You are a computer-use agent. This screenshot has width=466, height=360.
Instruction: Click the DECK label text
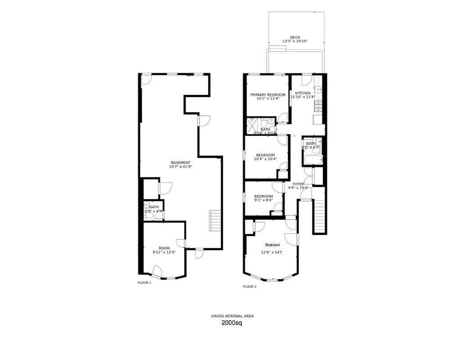pyautogui.click(x=295, y=37)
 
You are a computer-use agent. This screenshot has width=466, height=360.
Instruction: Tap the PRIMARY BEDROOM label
pyautogui.click(x=268, y=94)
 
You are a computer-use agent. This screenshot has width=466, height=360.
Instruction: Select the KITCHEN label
pyautogui.click(x=303, y=93)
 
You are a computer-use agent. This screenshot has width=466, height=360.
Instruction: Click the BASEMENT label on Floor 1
pyautogui.click(x=181, y=162)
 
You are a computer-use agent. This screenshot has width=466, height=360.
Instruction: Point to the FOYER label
pyautogui.click(x=299, y=184)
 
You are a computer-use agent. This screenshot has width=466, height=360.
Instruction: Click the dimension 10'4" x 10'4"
pyautogui.click(x=265, y=159)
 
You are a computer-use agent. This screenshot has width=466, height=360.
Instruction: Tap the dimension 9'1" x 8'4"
pyautogui.click(x=263, y=200)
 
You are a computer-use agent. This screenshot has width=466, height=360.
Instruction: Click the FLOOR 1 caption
pyautogui.click(x=145, y=283)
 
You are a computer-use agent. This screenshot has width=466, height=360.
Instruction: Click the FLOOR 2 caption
pyautogui.click(x=249, y=287)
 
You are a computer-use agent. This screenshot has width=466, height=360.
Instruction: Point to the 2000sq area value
pyautogui.click(x=232, y=323)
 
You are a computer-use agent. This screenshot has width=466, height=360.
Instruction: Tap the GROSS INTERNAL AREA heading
pyautogui.click(x=233, y=316)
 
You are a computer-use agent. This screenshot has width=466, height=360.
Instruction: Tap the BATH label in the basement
pyautogui.click(x=154, y=207)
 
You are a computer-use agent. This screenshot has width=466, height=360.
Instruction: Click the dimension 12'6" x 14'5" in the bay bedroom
pyautogui.click(x=271, y=252)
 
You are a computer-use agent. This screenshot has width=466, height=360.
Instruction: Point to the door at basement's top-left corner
pyautogui.click(x=146, y=80)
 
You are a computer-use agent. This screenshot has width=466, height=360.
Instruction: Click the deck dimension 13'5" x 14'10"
pyautogui.click(x=295, y=41)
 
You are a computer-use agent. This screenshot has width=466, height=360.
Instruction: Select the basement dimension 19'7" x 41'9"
pyautogui.click(x=180, y=166)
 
